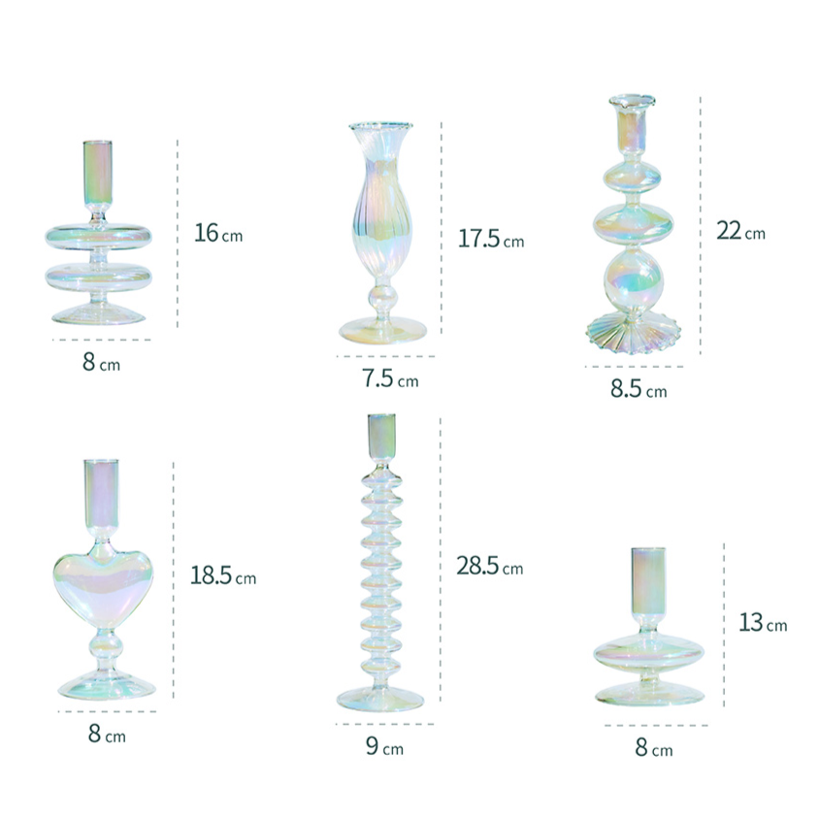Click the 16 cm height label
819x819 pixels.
click(218, 233)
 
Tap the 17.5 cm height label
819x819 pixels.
click(491, 239)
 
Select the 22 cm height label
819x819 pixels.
click(740, 230)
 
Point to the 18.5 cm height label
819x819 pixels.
click(223, 575)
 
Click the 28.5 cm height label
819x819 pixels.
click(490, 566)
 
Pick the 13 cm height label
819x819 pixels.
click(763, 623)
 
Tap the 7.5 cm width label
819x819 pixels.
click(391, 378)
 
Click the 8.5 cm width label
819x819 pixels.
click(639, 388)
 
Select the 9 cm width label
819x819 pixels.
click(385, 746)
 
